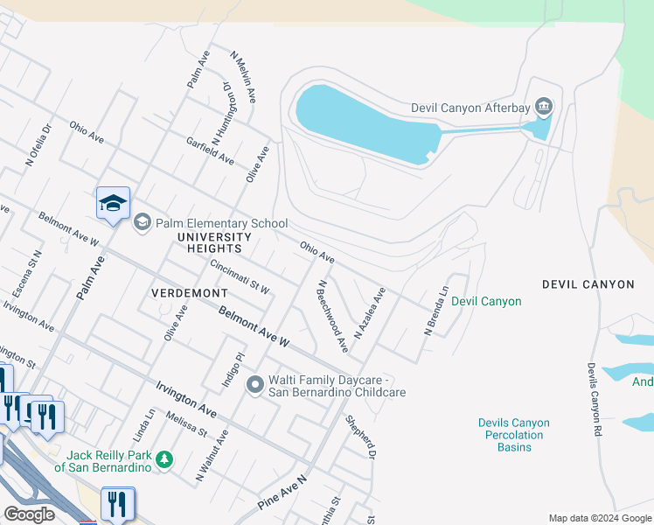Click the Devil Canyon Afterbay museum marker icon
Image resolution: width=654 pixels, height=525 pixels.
tap(544, 108)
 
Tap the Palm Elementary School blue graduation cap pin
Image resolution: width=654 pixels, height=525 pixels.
tap(113, 203)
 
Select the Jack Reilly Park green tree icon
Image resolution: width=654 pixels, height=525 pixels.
tap(163, 458)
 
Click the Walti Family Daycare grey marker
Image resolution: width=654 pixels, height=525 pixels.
tap(255, 384)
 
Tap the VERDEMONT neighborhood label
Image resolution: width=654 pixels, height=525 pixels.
tap(189, 292)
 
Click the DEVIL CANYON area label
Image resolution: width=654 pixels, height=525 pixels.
tap(588, 284)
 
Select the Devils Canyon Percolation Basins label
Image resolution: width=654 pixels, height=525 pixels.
tap(514, 435)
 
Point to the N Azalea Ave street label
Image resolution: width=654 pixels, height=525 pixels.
tap(369, 313)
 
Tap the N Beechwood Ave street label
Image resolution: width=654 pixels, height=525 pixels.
tap(333, 316)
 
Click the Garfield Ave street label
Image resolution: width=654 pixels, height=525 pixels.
tap(210, 150)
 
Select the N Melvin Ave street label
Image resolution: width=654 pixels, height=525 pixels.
tap(243, 79)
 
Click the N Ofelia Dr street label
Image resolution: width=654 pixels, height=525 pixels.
tap(39, 144)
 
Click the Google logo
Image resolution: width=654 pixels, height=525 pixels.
tap(29, 514)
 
